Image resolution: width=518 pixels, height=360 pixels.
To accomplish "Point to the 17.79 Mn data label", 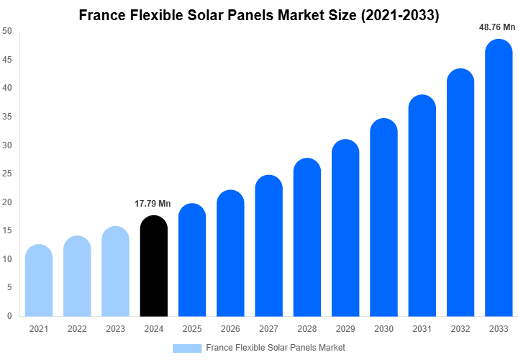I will [x=153, y=204].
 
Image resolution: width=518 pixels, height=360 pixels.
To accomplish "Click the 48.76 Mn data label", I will [x=497, y=27].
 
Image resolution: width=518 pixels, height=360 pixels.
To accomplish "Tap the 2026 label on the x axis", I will [x=230, y=328].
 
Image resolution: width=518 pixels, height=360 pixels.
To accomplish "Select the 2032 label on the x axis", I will [x=460, y=328].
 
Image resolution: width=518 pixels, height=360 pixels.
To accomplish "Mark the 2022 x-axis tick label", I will [x=77, y=328].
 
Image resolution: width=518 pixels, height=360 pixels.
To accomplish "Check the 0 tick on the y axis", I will [x=9, y=316].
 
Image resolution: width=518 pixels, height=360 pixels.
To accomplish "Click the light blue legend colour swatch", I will [x=186, y=348].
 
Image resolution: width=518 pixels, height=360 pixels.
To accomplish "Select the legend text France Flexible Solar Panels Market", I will [x=276, y=348].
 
